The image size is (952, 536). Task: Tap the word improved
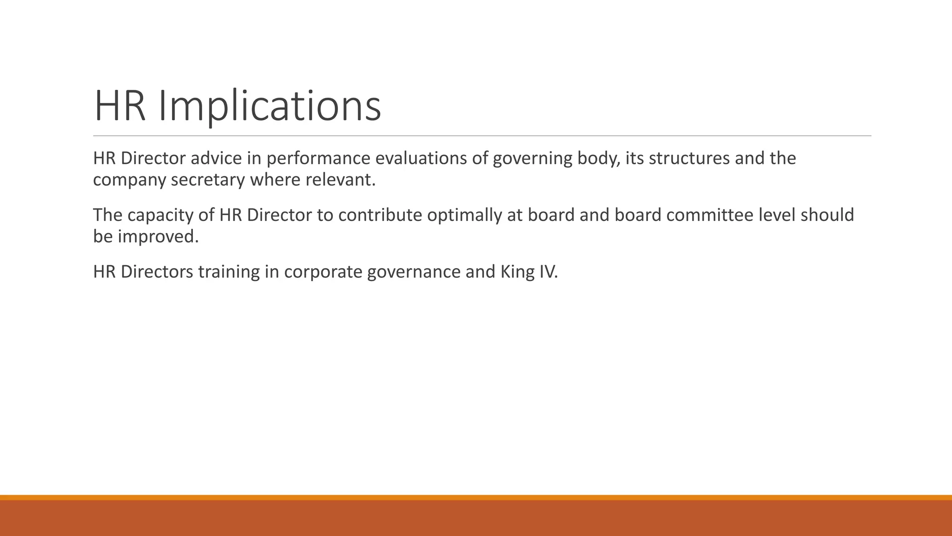[x=158, y=237]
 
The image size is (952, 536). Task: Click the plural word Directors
[x=157, y=272]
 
